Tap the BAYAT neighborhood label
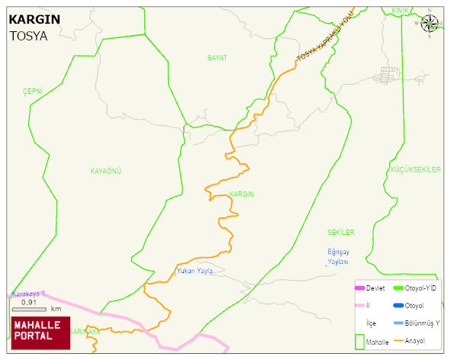tap(217, 58)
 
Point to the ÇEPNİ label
tap(33, 91)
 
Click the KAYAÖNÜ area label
tap(106, 170)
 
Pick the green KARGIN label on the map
tap(241, 194)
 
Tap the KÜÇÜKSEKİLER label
tap(415, 169)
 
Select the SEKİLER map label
tap(341, 232)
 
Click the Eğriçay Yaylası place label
tap(338, 256)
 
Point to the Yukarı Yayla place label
tap(194, 270)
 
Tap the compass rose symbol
tap(430, 24)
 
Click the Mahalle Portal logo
tap(40, 332)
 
